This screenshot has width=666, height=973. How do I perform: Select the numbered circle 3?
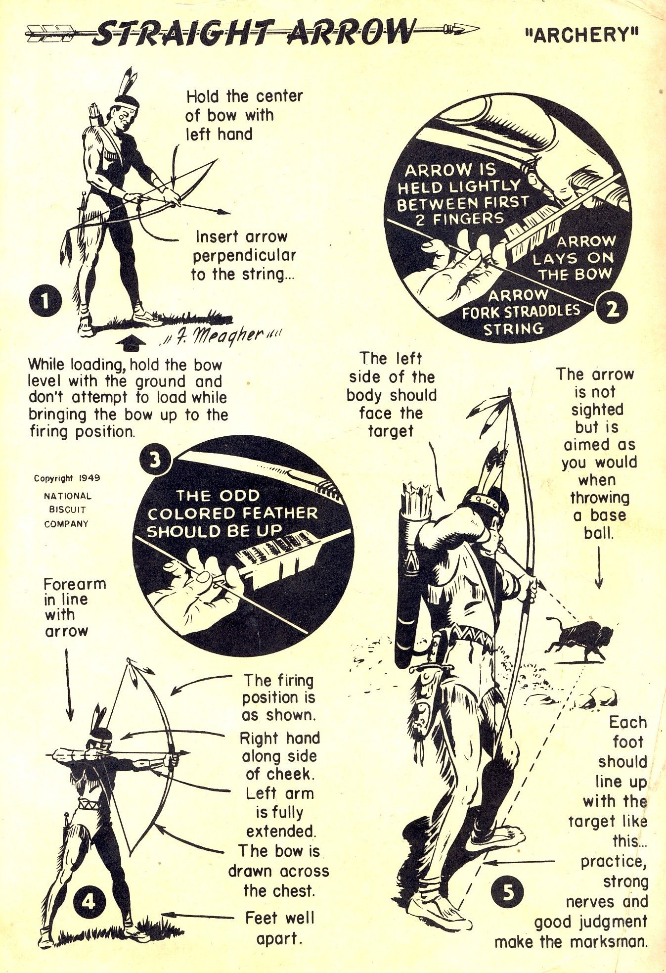click(155, 460)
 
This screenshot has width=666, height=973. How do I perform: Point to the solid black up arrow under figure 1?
click(127, 344)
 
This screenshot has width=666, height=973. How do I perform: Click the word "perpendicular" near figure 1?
click(244, 255)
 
